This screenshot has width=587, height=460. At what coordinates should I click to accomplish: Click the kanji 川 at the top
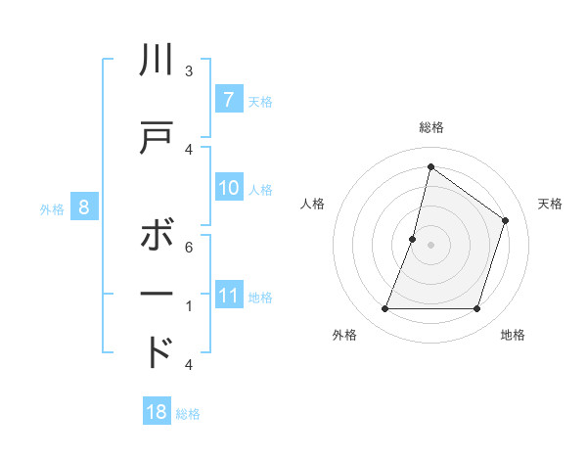(x=158, y=61)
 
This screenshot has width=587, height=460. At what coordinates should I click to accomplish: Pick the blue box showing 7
(x=228, y=100)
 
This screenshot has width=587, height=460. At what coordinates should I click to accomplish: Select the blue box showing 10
(x=228, y=188)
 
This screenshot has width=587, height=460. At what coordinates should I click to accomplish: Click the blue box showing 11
(x=228, y=296)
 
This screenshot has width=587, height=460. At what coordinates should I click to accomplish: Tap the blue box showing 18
(x=157, y=412)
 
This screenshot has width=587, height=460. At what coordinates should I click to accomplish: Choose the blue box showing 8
(x=84, y=207)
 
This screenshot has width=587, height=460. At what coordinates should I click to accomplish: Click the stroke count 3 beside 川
(x=189, y=70)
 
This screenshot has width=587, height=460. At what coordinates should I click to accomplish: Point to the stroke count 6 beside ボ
(x=189, y=247)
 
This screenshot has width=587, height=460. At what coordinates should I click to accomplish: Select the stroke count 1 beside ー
(x=189, y=306)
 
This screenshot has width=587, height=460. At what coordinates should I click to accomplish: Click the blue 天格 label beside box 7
(x=260, y=101)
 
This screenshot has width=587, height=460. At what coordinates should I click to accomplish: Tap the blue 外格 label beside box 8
(x=52, y=207)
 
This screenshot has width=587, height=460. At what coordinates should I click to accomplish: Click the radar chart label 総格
(x=431, y=127)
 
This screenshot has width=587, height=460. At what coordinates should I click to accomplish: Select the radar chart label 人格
(x=312, y=204)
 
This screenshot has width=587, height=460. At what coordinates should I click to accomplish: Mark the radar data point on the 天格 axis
(x=506, y=220)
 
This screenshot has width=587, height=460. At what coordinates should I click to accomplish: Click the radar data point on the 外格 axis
(x=384, y=309)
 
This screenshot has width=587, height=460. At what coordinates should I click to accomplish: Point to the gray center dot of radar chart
(x=431, y=244)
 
